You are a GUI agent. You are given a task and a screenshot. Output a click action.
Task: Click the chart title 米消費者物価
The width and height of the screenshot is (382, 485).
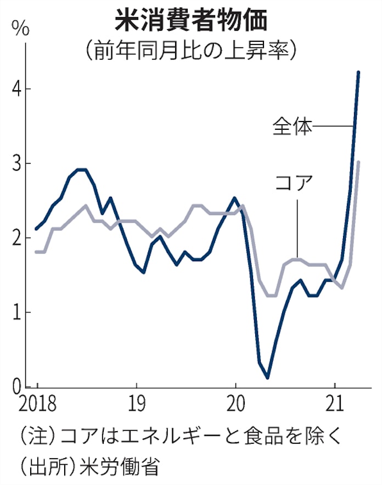click(x=190, y=21)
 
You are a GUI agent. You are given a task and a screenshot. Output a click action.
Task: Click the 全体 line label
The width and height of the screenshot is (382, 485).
click(x=293, y=126)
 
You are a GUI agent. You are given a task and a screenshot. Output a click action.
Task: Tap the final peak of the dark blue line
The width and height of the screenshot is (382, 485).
click(x=358, y=72)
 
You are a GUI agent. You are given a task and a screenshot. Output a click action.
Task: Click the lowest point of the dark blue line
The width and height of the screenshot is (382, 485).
click(x=267, y=378)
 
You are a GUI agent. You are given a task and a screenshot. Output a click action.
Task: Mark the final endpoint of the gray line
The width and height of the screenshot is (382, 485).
click(x=358, y=162)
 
